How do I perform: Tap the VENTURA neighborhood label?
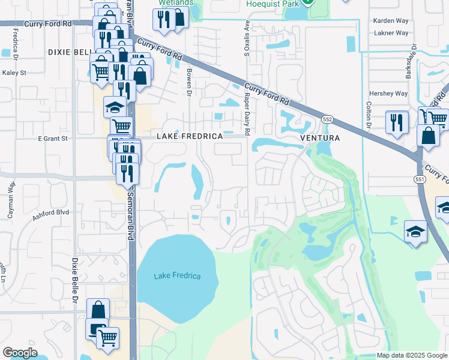(x=320, y=138)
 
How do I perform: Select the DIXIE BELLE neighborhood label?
(x=69, y=53)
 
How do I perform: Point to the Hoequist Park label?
(x=273, y=4)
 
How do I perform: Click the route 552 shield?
(x=328, y=119)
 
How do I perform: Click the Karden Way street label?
(x=390, y=20)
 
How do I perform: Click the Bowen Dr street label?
(x=188, y=85)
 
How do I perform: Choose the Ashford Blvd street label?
(x=52, y=215)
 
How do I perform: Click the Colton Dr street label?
(x=368, y=113)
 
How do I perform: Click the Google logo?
(x=20, y=353)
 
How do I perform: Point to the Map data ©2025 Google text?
(x=411, y=355)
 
